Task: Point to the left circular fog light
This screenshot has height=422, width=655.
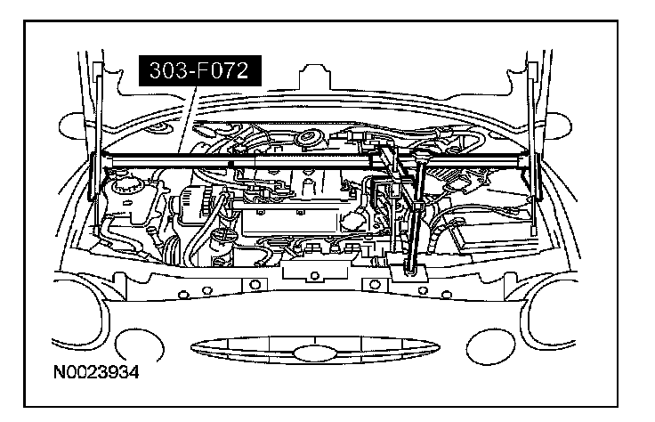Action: pyautogui.click(x=141, y=344)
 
